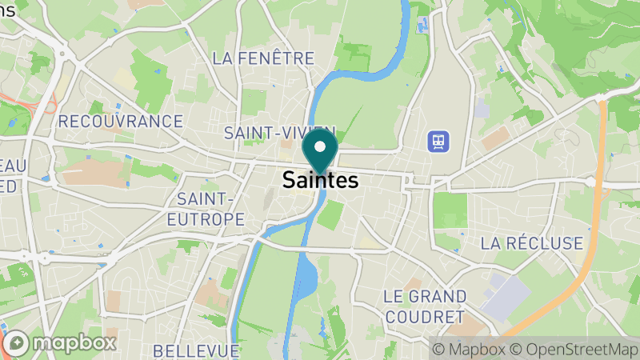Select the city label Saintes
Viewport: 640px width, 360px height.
[320, 181]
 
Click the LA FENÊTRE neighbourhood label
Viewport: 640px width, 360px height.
[263, 58]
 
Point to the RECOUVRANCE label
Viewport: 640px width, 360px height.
[121, 122]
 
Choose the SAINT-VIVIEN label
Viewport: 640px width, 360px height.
[279, 131]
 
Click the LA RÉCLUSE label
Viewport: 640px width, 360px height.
[531, 242]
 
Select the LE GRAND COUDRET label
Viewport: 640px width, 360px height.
[424, 306]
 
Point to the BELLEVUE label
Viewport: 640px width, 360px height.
[196, 350]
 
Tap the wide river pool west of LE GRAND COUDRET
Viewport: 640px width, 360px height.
[304, 280]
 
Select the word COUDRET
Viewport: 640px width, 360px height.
[424, 317]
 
